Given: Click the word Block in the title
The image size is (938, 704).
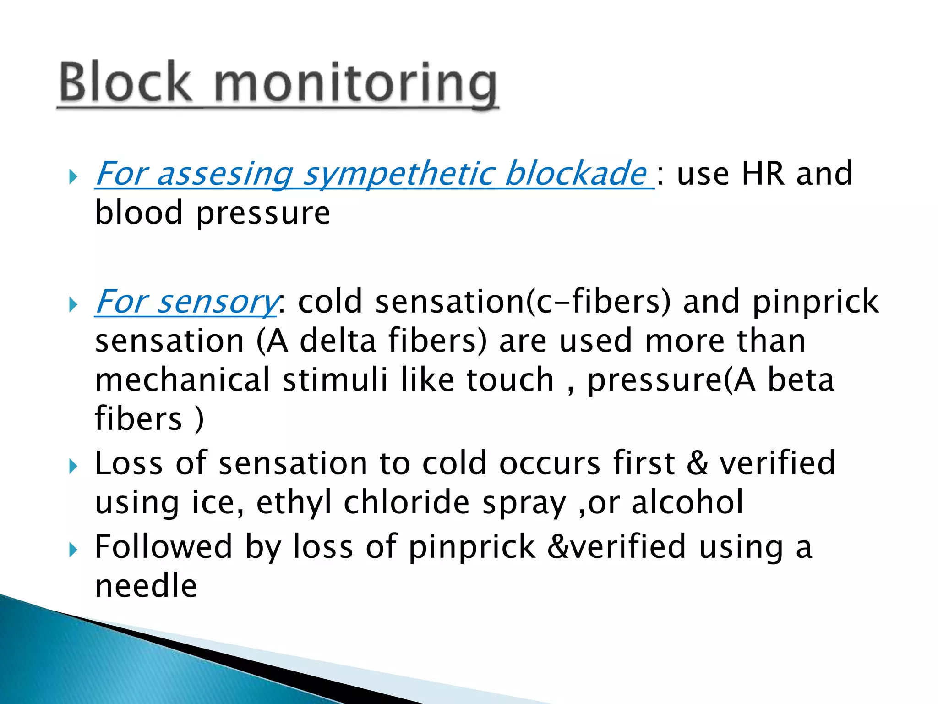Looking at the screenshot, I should pos(125,82).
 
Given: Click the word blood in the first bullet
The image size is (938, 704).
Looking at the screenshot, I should pos(139,213).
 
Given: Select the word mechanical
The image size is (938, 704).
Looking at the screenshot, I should pos(182,380).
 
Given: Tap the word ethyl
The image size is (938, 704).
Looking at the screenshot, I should pos(294,503).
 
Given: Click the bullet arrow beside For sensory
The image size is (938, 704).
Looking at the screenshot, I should pos(73,304).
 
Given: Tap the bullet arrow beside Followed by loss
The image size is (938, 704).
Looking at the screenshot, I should pos(73,550).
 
